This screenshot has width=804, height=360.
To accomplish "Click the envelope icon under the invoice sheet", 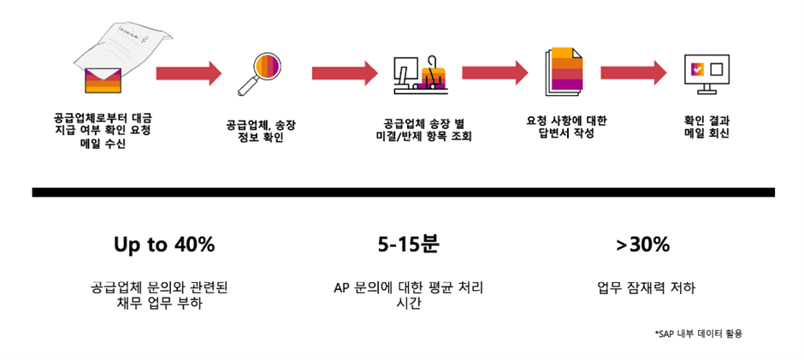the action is click(x=103, y=80).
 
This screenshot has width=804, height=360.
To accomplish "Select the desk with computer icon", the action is click(x=421, y=75).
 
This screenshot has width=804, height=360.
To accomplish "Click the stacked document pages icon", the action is click(x=564, y=71).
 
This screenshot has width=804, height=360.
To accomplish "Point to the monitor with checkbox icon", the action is click(x=706, y=74).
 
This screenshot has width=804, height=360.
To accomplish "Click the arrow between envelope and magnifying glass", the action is click(x=189, y=74).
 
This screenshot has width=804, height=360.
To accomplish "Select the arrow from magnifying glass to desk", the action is click(x=345, y=74).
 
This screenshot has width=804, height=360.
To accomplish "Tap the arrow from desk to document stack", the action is click(x=495, y=73).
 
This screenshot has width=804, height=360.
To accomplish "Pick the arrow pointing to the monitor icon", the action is click(x=634, y=73).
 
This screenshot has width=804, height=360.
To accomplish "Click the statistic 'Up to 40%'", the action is click(x=164, y=245).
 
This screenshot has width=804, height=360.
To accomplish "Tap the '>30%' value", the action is click(x=643, y=245).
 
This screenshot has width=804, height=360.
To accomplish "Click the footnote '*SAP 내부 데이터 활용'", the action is click(x=699, y=333).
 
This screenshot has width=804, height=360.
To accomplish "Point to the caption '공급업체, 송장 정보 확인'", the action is click(x=261, y=132).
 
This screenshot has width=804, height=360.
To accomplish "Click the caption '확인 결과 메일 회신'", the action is click(x=706, y=127).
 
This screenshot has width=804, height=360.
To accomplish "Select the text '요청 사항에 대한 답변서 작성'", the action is click(x=566, y=127).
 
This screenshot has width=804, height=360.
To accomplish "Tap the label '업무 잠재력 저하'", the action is click(x=646, y=288).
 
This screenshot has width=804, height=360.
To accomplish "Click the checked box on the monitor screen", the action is click(x=697, y=68).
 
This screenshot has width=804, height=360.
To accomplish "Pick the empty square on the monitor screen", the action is click(x=716, y=68).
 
